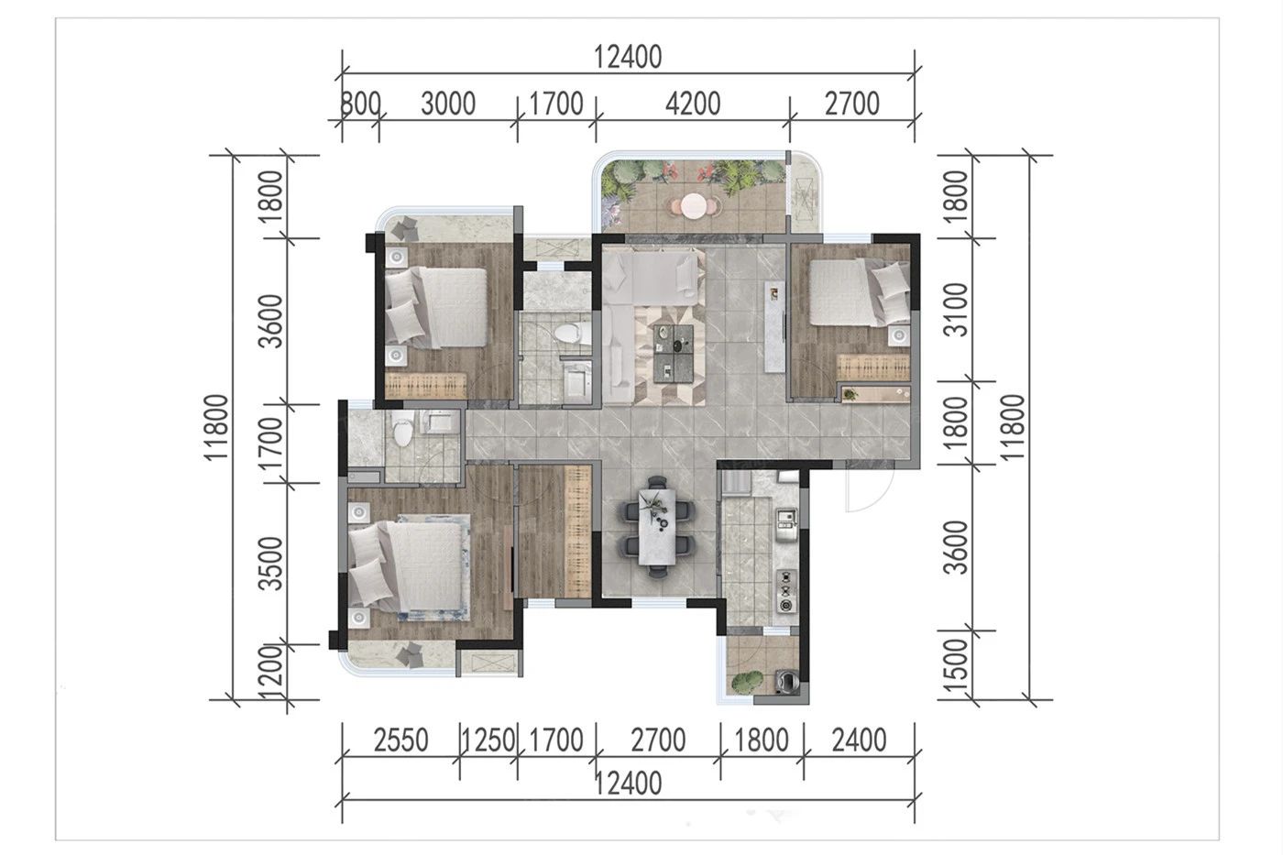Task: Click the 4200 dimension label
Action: pos(693,104)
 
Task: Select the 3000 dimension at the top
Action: pos(448,104)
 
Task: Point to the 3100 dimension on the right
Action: pos(955,309)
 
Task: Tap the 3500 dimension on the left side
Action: pos(270,563)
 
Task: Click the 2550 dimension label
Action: pos(401,740)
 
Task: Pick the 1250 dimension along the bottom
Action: pos(488,740)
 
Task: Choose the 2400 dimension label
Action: pos(860,740)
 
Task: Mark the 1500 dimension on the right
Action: pos(955,665)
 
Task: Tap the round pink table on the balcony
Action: pos(694,206)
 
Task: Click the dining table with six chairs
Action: pos(658,526)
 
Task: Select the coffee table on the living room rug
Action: pos(673,354)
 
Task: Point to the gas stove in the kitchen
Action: pos(786,590)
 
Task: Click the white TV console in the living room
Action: pos(775,327)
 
